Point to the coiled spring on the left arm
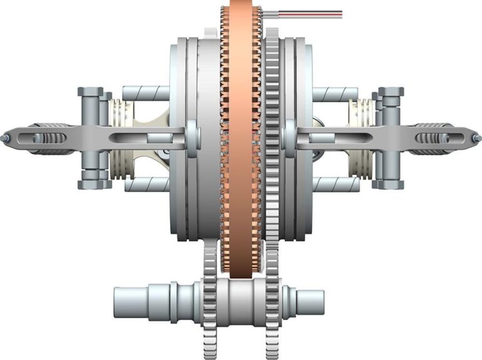click(50, 139)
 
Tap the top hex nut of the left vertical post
click(90, 92)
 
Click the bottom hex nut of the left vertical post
click(90, 184)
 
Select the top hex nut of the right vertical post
click(391, 92)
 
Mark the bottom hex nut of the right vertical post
click(390, 184)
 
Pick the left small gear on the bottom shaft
click(210, 301)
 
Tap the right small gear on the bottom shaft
click(271, 301)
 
